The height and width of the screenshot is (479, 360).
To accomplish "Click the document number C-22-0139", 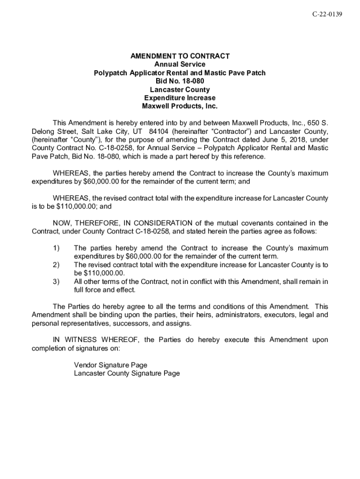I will pos(327,15).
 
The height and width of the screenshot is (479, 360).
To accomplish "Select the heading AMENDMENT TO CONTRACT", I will pos(180,56).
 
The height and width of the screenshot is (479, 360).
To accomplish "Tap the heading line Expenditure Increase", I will pos(180,98).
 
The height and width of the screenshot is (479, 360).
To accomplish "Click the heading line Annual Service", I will pos(180,65).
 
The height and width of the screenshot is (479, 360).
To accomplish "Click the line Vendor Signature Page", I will pos(110,365).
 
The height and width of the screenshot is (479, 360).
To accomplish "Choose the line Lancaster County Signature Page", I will pos(127,373).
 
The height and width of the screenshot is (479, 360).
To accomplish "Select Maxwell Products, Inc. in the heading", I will pos(180,106).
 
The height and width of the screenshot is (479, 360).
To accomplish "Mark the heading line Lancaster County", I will pos(180,89).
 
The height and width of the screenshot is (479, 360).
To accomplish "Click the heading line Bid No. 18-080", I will pos(180,81).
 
